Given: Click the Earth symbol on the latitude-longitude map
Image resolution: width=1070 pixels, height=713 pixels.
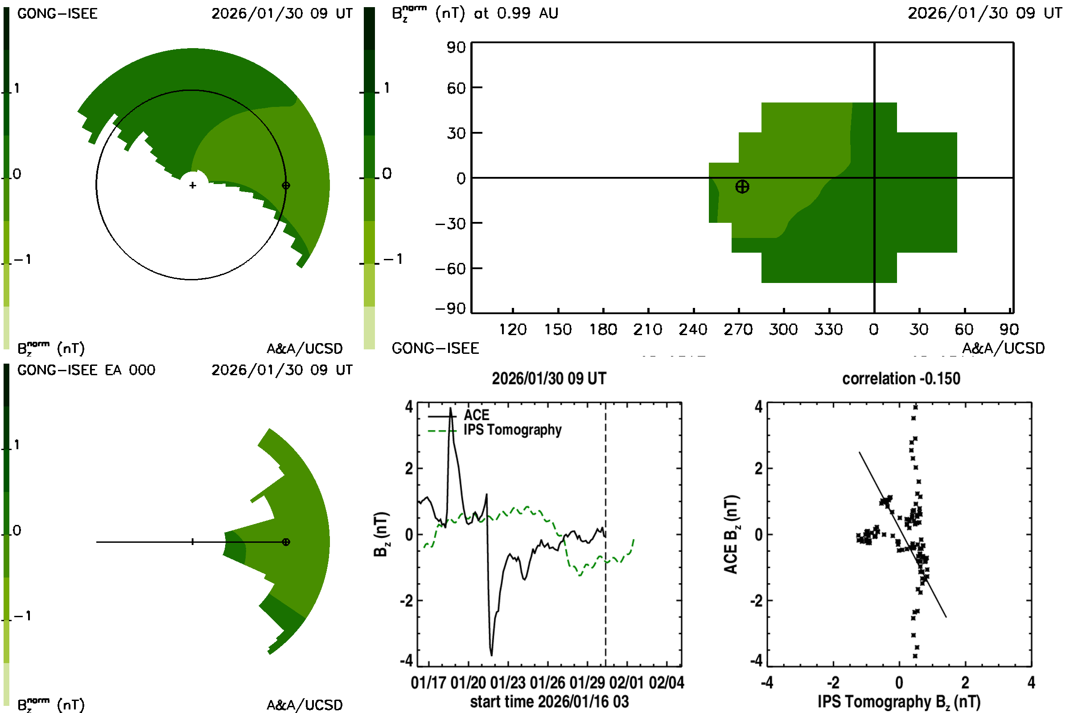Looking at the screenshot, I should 742,186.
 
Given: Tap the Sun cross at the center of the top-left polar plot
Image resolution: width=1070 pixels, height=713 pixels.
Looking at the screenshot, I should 193,185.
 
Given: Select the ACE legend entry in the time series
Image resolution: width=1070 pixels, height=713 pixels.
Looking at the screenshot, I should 476,415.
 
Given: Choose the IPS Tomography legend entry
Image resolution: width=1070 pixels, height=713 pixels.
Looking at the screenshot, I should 512,430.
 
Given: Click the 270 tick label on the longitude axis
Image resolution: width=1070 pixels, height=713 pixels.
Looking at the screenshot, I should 738,329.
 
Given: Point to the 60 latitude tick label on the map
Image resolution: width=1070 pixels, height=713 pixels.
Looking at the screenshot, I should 456,88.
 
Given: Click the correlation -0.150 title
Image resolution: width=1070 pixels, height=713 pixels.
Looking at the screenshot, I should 901,378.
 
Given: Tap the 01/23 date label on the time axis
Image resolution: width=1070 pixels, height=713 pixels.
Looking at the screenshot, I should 508,683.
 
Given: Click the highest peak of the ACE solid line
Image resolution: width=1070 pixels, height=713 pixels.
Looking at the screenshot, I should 450,408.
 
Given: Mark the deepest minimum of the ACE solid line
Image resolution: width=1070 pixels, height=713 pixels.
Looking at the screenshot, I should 491,655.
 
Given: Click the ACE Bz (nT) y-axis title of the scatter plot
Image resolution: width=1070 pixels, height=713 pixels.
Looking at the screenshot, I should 731,534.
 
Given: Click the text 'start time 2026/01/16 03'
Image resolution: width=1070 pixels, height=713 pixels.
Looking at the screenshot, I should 549,701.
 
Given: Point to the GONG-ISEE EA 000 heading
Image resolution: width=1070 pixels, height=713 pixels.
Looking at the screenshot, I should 86,370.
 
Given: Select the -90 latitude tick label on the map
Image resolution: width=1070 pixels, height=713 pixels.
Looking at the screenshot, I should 450,309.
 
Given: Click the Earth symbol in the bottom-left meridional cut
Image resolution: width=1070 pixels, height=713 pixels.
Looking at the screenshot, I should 286,542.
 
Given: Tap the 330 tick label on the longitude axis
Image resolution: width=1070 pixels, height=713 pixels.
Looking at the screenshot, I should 828,329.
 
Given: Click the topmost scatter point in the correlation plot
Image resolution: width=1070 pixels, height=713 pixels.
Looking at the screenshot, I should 915,407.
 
